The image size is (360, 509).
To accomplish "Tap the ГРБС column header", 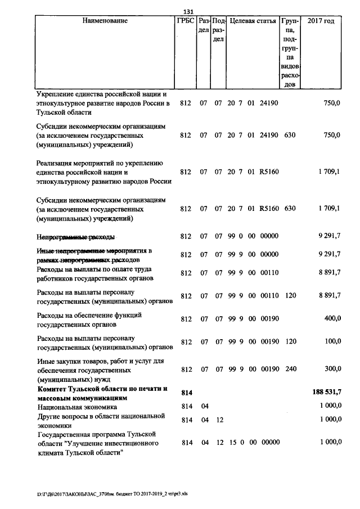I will pos(186,21).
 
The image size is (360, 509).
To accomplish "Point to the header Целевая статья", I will pos(253,21).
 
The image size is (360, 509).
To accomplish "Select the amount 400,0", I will pos(331,318).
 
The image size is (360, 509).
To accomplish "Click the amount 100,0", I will pos(331,342).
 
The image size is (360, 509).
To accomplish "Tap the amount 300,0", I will pos(331,369).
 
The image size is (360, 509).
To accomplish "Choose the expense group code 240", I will pos(290,369).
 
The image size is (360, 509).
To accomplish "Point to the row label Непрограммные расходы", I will pos(76,237).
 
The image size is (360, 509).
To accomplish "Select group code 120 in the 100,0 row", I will pos(290,342).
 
